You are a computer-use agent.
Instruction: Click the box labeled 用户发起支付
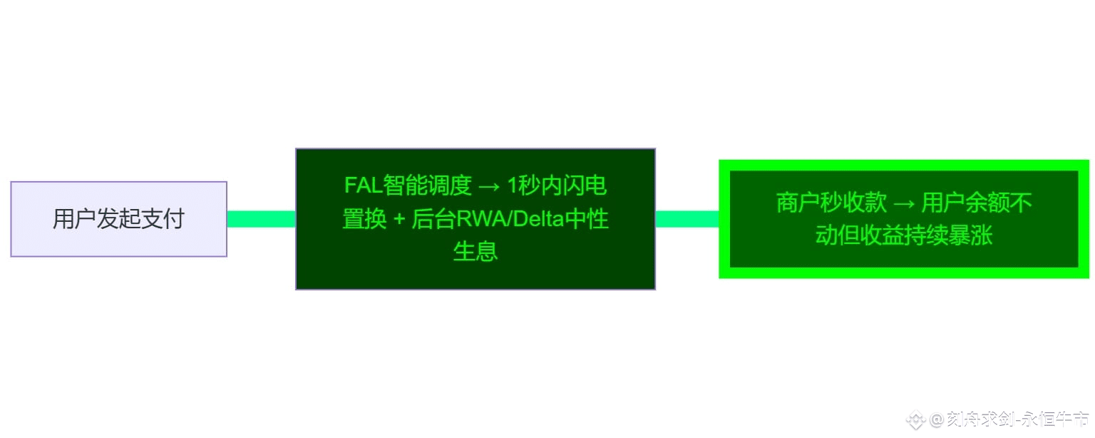click(118, 219)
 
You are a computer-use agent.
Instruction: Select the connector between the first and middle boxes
click(261, 219)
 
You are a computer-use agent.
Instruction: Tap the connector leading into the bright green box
click(687, 219)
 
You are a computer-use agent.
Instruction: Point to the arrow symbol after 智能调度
click(489, 186)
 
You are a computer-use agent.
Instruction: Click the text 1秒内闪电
click(557, 186)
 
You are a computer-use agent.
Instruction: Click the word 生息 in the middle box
click(475, 252)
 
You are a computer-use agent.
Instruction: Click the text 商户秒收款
click(831, 203)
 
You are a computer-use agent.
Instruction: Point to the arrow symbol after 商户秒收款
click(904, 203)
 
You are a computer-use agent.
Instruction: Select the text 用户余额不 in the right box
click(977, 203)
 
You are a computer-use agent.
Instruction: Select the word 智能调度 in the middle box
click(428, 186)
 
